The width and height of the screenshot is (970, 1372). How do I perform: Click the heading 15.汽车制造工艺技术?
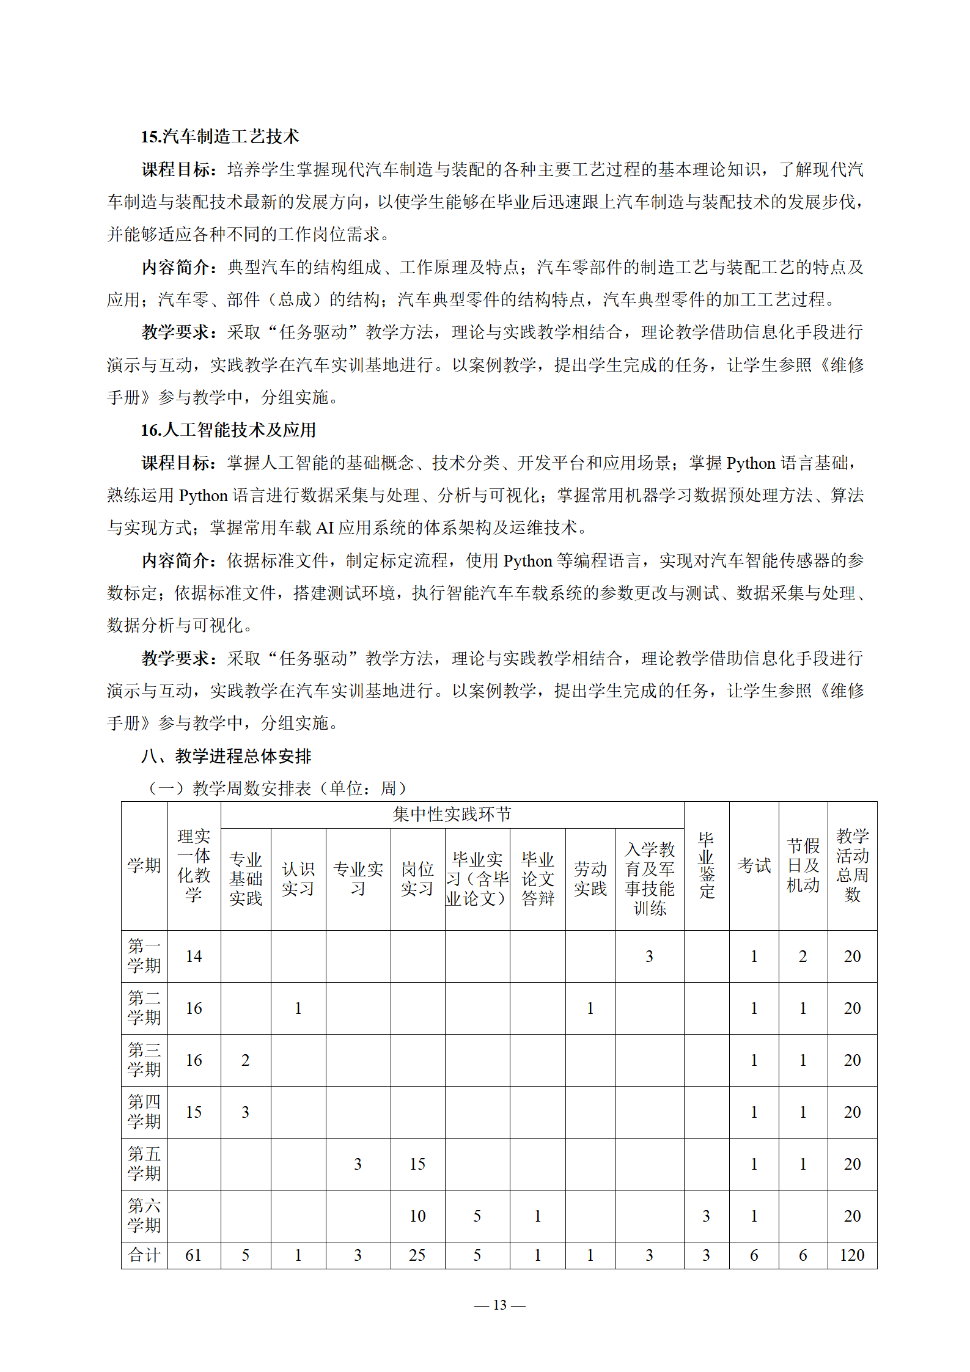tap(219, 136)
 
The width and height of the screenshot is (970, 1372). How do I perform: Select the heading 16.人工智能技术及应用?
tap(228, 430)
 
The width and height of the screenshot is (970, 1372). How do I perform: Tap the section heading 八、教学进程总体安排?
tap(226, 756)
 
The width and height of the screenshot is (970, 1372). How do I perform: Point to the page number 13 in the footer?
tap(499, 1305)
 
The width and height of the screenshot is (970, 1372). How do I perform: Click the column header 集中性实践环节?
tap(452, 814)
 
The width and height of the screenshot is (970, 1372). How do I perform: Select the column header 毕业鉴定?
tap(706, 865)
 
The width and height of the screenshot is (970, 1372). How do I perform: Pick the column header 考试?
tap(754, 865)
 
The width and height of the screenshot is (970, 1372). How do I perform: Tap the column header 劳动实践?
tap(590, 879)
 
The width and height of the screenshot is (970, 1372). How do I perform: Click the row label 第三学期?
tap(144, 1060)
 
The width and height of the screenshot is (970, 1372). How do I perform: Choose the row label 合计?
tap(144, 1255)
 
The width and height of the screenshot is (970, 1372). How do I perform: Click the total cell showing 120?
tap(852, 1255)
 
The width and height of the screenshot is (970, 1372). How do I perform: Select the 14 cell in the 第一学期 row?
tap(194, 956)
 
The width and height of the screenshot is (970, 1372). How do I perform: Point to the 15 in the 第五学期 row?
tap(417, 1164)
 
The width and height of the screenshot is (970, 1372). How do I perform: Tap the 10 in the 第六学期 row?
tap(417, 1216)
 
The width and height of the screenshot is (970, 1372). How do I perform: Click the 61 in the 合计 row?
tap(194, 1255)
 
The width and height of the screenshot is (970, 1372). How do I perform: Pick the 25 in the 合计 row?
tap(417, 1255)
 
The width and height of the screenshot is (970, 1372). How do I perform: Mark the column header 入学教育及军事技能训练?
tap(649, 879)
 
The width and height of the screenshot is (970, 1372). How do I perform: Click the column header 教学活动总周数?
tap(852, 865)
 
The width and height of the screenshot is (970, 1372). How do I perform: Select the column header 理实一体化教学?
tap(194, 865)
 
